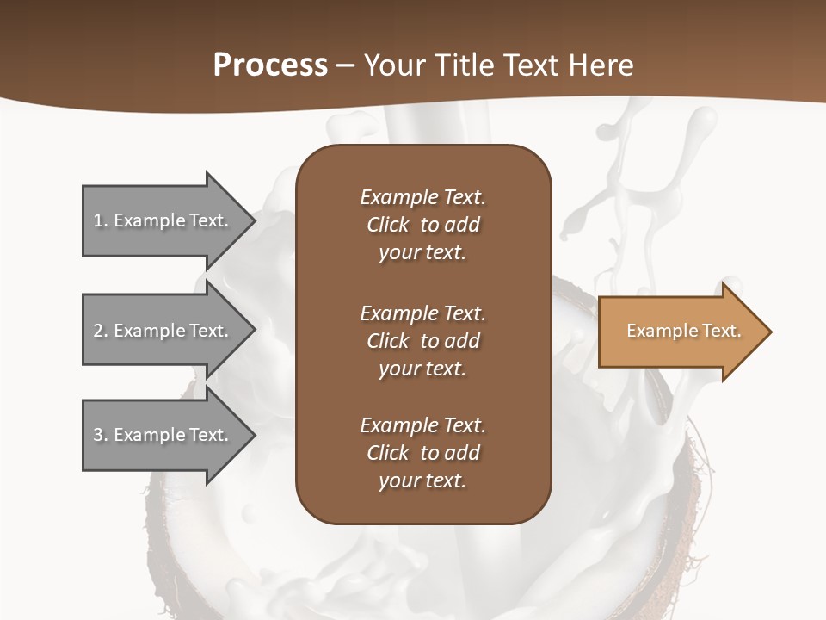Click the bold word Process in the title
coord(270,65)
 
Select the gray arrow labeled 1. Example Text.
coord(163,220)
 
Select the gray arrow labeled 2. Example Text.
coord(163,331)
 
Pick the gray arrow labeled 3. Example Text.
coord(163,435)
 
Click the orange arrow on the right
coord(680,331)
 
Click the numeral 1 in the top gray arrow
coord(98,220)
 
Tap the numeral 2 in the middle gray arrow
coord(98,331)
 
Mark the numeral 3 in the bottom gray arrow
coord(98,435)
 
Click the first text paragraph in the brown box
coord(422,225)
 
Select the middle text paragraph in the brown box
coord(422,341)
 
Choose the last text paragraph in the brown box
coord(422,453)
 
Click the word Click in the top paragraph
coord(388,225)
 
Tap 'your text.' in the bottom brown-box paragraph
coord(422,480)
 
